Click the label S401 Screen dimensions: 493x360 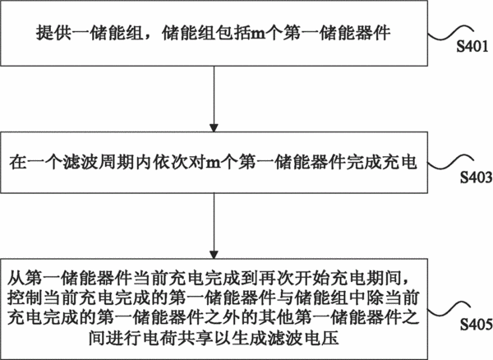472,47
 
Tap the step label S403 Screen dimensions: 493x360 476,178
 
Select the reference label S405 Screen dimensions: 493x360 476,325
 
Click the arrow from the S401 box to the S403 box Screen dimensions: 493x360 214,99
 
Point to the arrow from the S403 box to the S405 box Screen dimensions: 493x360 214,226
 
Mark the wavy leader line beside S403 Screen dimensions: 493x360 450,161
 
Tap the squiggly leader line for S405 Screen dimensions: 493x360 450,309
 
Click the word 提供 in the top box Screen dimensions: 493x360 53,32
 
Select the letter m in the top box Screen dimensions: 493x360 259,34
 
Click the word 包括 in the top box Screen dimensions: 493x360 233,32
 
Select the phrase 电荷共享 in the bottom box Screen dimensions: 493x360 178,338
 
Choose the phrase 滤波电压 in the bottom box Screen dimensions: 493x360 303,338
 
